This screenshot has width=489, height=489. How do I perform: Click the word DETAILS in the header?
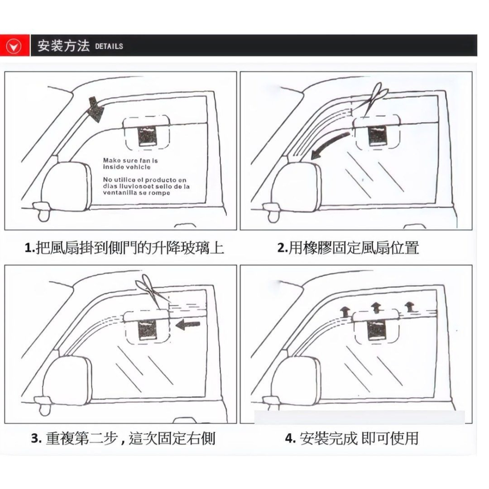(109, 46)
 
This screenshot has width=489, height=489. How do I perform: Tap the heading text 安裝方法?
(64, 46)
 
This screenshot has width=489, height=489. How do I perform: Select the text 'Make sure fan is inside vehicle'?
(130, 163)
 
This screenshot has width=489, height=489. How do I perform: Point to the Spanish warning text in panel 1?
(146, 186)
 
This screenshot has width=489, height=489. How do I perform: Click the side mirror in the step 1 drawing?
(67, 183)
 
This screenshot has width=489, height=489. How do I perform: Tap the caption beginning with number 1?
(124, 247)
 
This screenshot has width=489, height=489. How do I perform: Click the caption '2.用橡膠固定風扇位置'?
(348, 247)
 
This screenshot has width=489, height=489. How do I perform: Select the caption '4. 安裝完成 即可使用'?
(352, 438)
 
